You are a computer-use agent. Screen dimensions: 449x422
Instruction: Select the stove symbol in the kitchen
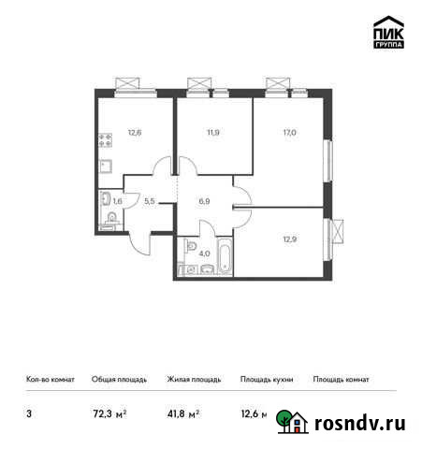(x=106, y=145)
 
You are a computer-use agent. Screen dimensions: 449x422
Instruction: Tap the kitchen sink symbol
(x=106, y=168)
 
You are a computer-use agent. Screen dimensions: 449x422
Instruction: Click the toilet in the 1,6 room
(x=110, y=220)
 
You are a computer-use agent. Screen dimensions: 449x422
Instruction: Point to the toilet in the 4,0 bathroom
(x=187, y=269)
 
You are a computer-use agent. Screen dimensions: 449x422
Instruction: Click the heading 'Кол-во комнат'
(x=46, y=380)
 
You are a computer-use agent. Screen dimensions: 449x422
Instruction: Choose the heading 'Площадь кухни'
(x=266, y=380)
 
